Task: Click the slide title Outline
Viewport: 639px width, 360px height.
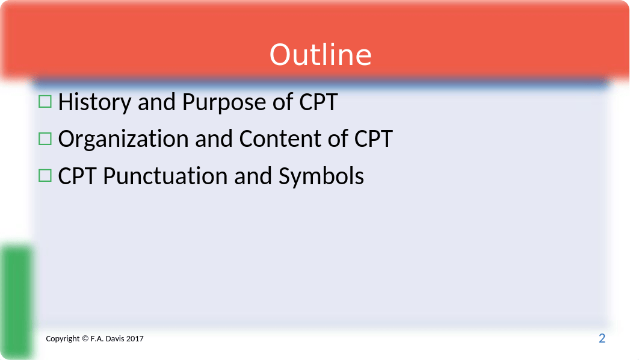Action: [x=320, y=55]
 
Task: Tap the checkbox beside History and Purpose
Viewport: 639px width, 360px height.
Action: [x=45, y=102]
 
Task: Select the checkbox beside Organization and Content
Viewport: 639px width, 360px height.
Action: [x=45, y=138]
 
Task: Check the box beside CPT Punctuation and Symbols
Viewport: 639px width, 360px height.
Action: [x=45, y=176]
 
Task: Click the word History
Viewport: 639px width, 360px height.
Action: [x=94, y=102]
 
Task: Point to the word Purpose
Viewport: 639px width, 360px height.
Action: [x=224, y=102]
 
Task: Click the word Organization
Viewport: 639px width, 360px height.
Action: [x=123, y=139]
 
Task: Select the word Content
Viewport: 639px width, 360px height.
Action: [x=280, y=138]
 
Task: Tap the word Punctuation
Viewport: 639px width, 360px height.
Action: [x=165, y=176]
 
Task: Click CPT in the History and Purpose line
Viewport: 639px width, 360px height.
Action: [x=318, y=102]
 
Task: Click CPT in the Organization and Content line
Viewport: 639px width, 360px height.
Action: [x=373, y=138]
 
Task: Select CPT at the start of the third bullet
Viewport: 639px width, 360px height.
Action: [x=78, y=176]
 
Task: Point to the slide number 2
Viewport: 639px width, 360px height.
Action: [x=602, y=338]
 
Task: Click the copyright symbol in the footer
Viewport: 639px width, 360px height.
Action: [x=85, y=338]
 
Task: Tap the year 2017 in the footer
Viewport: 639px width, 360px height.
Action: [x=135, y=338]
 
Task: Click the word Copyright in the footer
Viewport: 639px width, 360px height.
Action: [x=63, y=339]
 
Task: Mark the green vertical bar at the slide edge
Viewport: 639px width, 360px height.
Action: [x=17, y=302]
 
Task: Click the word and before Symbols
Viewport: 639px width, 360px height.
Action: [x=253, y=176]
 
